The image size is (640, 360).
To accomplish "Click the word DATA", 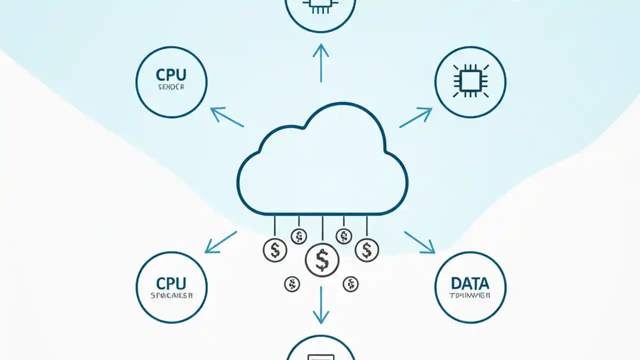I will [x=470, y=283].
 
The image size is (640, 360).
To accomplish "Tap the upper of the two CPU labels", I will [x=171, y=75].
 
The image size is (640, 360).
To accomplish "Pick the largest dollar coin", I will [x=322, y=259].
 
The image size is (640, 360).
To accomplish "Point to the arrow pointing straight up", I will [x=320, y=62].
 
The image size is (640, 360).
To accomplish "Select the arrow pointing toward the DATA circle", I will [x=419, y=242].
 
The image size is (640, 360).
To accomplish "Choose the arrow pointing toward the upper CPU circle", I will [x=226, y=117].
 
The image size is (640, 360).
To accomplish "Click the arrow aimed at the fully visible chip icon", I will [x=415, y=117].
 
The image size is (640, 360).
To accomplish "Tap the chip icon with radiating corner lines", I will [x=470, y=80].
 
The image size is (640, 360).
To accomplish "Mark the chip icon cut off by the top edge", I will [x=320, y=6].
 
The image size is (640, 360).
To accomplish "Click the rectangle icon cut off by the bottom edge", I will [x=320, y=355].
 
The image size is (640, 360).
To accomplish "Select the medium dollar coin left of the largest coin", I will [x=274, y=249].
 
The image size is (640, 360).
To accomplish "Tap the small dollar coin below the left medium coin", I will [x=291, y=284].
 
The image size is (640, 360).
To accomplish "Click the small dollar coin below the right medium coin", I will [x=350, y=284].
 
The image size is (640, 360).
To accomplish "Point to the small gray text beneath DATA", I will [x=470, y=295].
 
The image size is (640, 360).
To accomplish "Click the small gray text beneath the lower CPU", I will [x=171, y=295].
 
